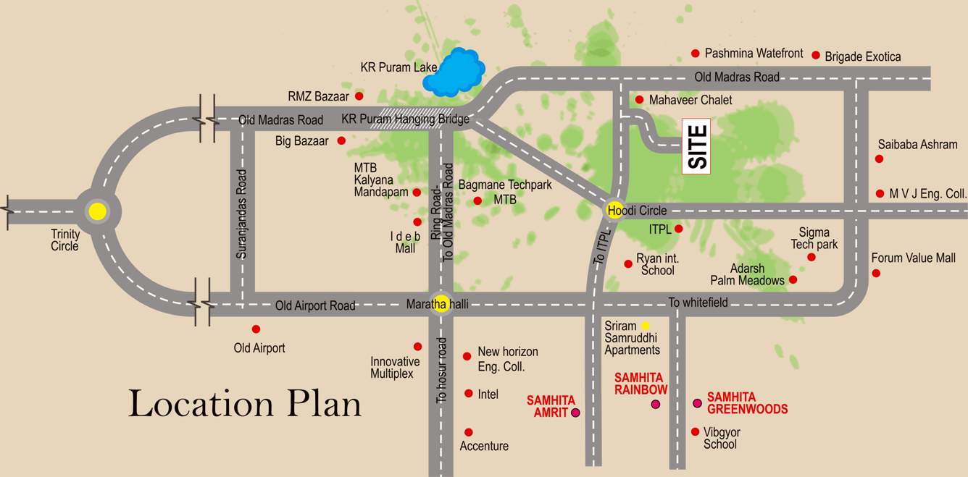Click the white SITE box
click(x=696, y=146)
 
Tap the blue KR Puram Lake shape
click(x=454, y=72)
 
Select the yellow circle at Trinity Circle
click(x=97, y=211)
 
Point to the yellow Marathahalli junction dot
click(x=441, y=304)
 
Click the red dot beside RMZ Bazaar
click(x=359, y=96)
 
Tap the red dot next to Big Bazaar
click(x=341, y=140)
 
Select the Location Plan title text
click(x=245, y=403)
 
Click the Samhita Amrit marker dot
click(x=576, y=413)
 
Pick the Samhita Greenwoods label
click(x=747, y=403)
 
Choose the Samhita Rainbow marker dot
click(x=656, y=404)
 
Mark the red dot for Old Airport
click(x=256, y=329)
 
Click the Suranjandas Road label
click(x=242, y=214)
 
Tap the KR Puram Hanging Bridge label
click(x=405, y=119)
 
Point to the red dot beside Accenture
click(x=469, y=432)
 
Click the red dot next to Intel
click(x=469, y=394)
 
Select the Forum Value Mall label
click(x=913, y=258)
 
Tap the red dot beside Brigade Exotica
click(x=816, y=55)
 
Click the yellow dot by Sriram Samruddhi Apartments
click(x=645, y=326)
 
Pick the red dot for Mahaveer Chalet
click(x=639, y=100)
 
